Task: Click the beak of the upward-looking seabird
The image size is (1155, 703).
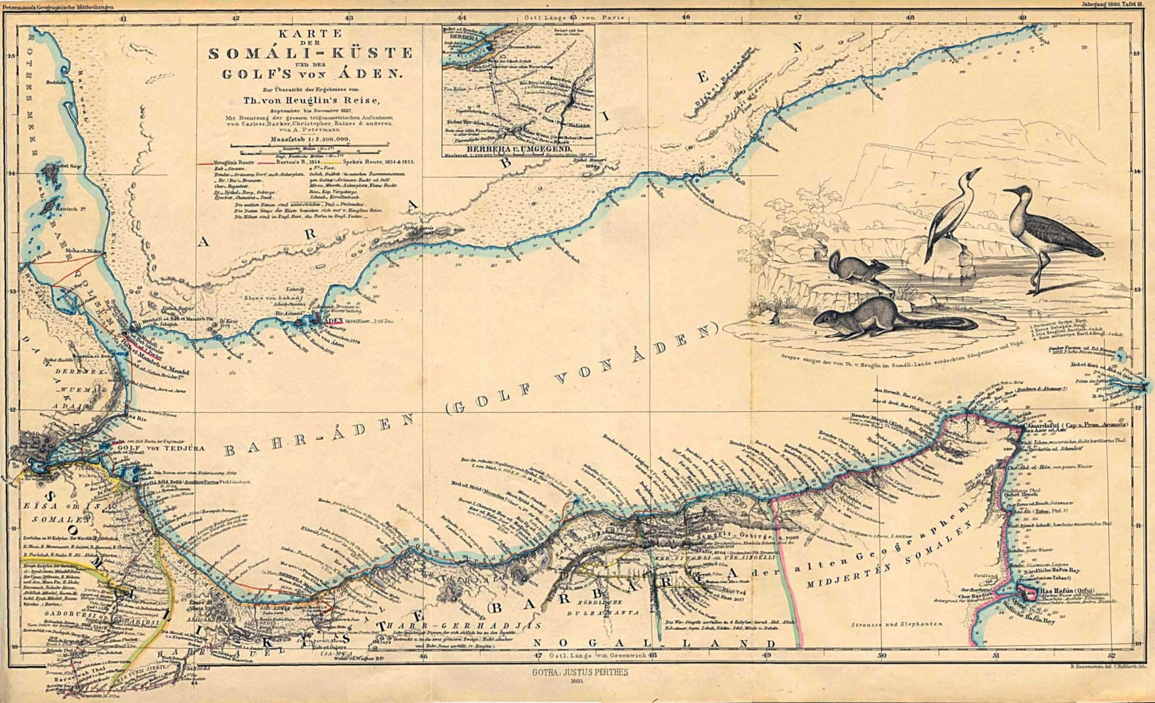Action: [976, 171]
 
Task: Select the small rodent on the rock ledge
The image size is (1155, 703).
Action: [854, 267]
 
